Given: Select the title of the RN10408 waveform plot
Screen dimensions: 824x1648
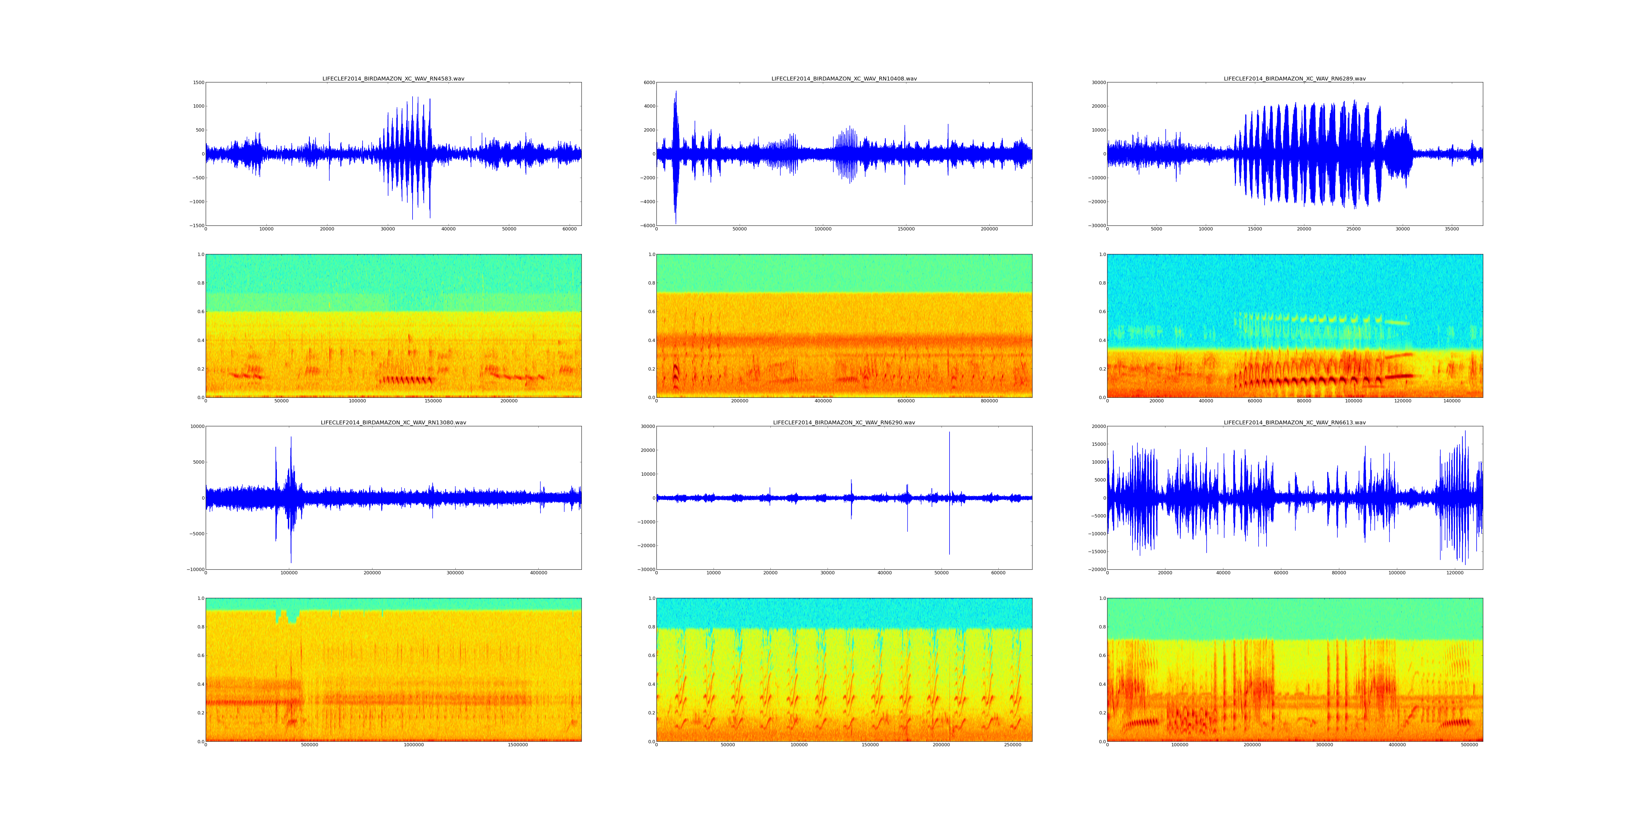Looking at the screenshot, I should click(x=844, y=79).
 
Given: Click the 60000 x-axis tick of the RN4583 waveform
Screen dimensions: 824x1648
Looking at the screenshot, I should click(x=569, y=229).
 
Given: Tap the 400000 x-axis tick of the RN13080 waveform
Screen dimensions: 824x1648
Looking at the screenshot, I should click(x=539, y=573).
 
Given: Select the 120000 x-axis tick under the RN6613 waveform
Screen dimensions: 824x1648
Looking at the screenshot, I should click(x=1455, y=573).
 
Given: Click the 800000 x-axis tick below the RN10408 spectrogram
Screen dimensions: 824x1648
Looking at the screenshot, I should click(x=989, y=401).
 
